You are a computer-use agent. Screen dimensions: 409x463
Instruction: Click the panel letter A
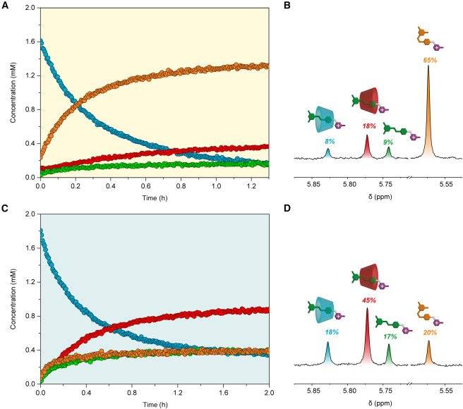(4, 5)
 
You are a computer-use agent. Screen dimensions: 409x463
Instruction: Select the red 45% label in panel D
(367, 300)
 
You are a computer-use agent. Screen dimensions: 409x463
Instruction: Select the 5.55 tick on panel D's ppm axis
(445, 389)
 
